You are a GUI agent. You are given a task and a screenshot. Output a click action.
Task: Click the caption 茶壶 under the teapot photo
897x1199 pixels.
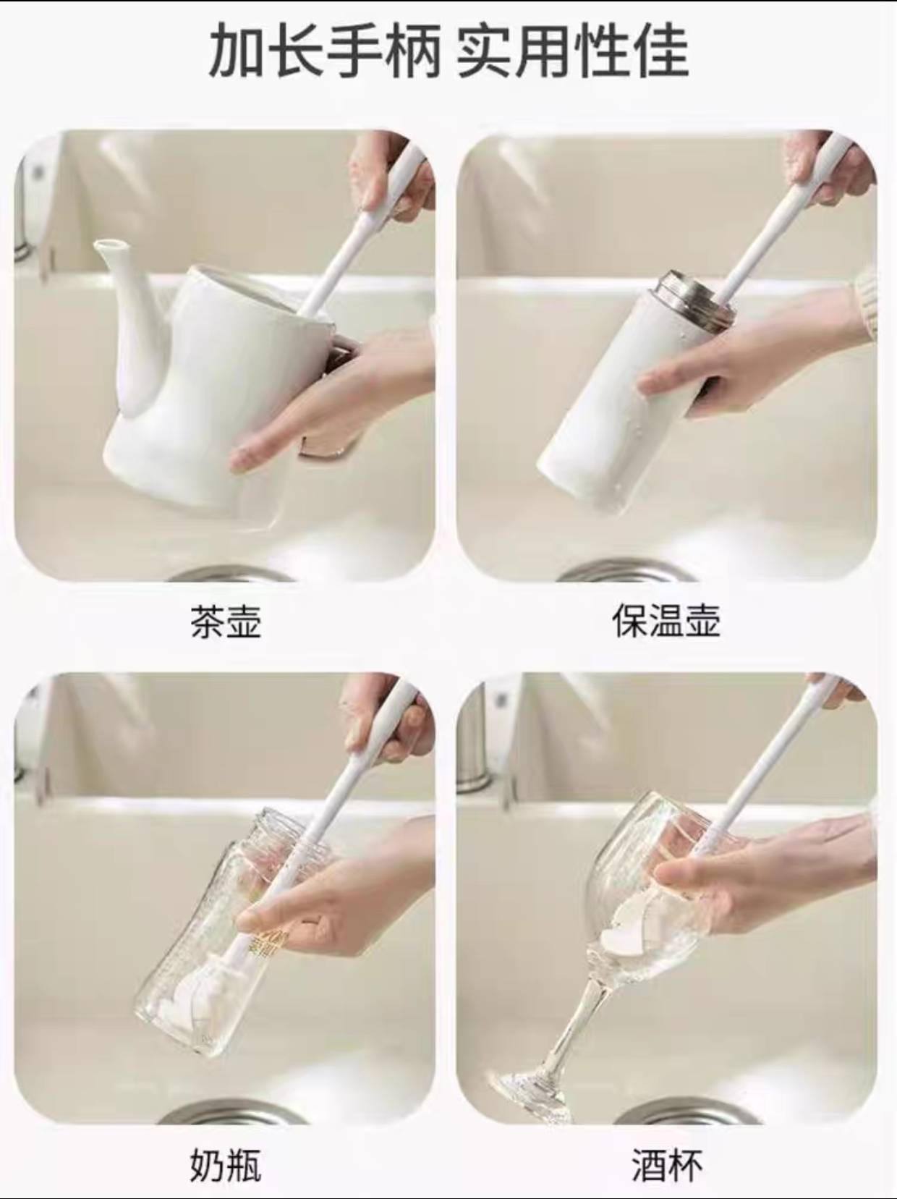pos(226,621)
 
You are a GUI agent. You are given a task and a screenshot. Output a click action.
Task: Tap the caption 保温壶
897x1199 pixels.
pos(666,621)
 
